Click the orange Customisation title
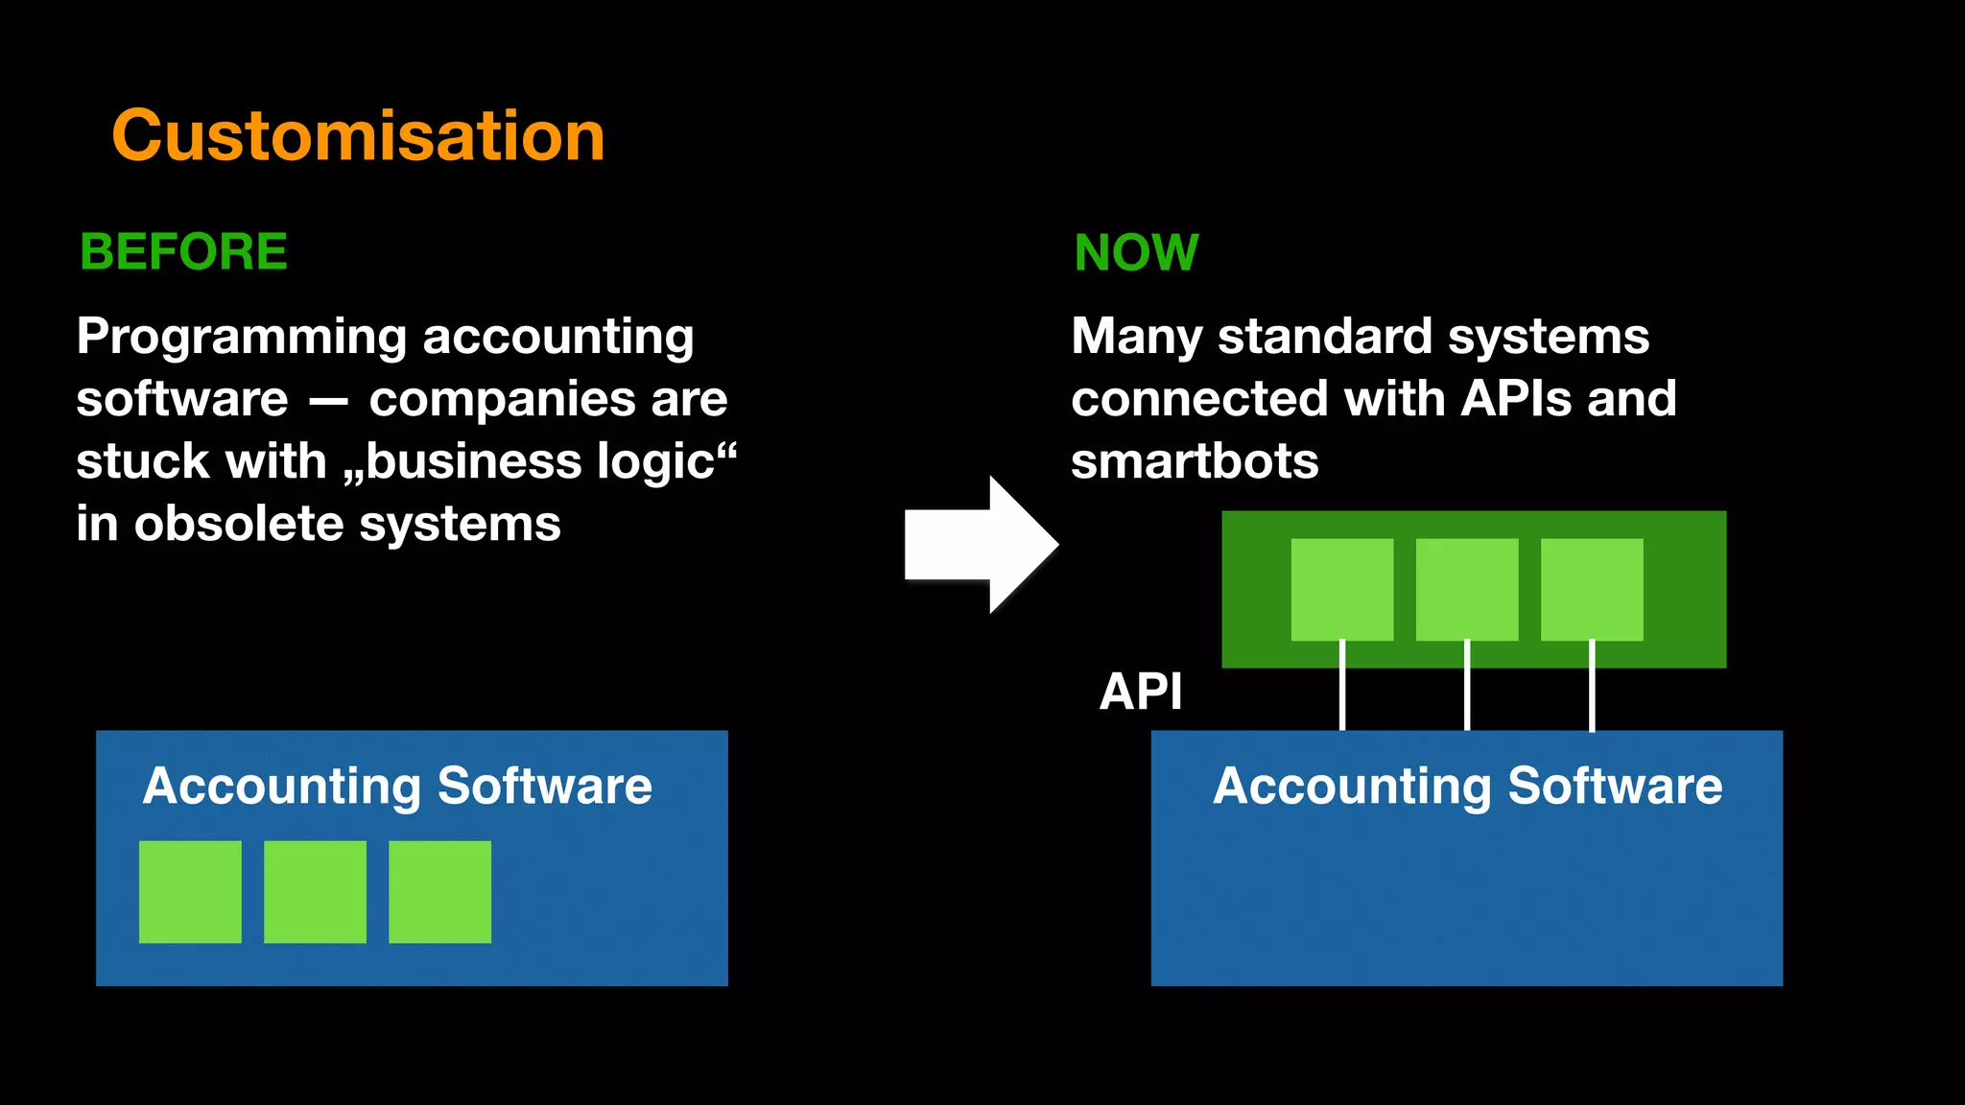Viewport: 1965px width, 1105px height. pyautogui.click(x=358, y=135)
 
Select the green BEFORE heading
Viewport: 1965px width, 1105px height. pyautogui.click(x=183, y=252)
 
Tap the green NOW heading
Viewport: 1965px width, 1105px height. pyautogui.click(x=1136, y=253)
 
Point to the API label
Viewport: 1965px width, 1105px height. pyautogui.click(x=1140, y=692)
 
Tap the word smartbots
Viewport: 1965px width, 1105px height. pyautogui.click(x=1195, y=461)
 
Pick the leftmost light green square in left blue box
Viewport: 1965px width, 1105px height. pyautogui.click(x=190, y=892)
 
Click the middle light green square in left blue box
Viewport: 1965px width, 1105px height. pyautogui.click(x=315, y=892)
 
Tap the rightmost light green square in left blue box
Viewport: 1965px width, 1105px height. pyautogui.click(x=439, y=892)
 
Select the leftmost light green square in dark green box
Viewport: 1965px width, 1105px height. pyautogui.click(x=1341, y=589)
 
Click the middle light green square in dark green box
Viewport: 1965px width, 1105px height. pyautogui.click(x=1467, y=589)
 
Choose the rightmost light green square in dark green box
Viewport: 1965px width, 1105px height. pyautogui.click(x=1592, y=589)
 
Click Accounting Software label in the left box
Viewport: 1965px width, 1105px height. pyautogui.click(x=397, y=787)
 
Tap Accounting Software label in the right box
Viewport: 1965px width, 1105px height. pyautogui.click(x=1467, y=787)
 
